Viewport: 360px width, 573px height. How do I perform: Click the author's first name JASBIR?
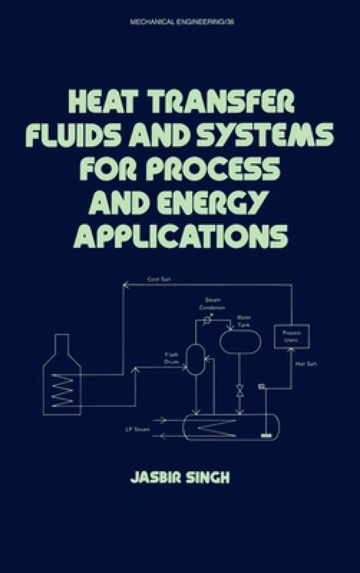[152, 477]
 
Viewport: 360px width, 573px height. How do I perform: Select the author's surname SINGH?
[207, 477]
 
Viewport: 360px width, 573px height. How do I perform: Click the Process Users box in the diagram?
[292, 336]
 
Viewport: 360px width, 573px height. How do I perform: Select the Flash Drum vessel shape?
[195, 359]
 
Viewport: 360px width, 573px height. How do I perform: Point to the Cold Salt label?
[159, 279]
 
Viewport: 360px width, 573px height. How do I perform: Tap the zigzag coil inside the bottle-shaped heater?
[62, 390]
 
